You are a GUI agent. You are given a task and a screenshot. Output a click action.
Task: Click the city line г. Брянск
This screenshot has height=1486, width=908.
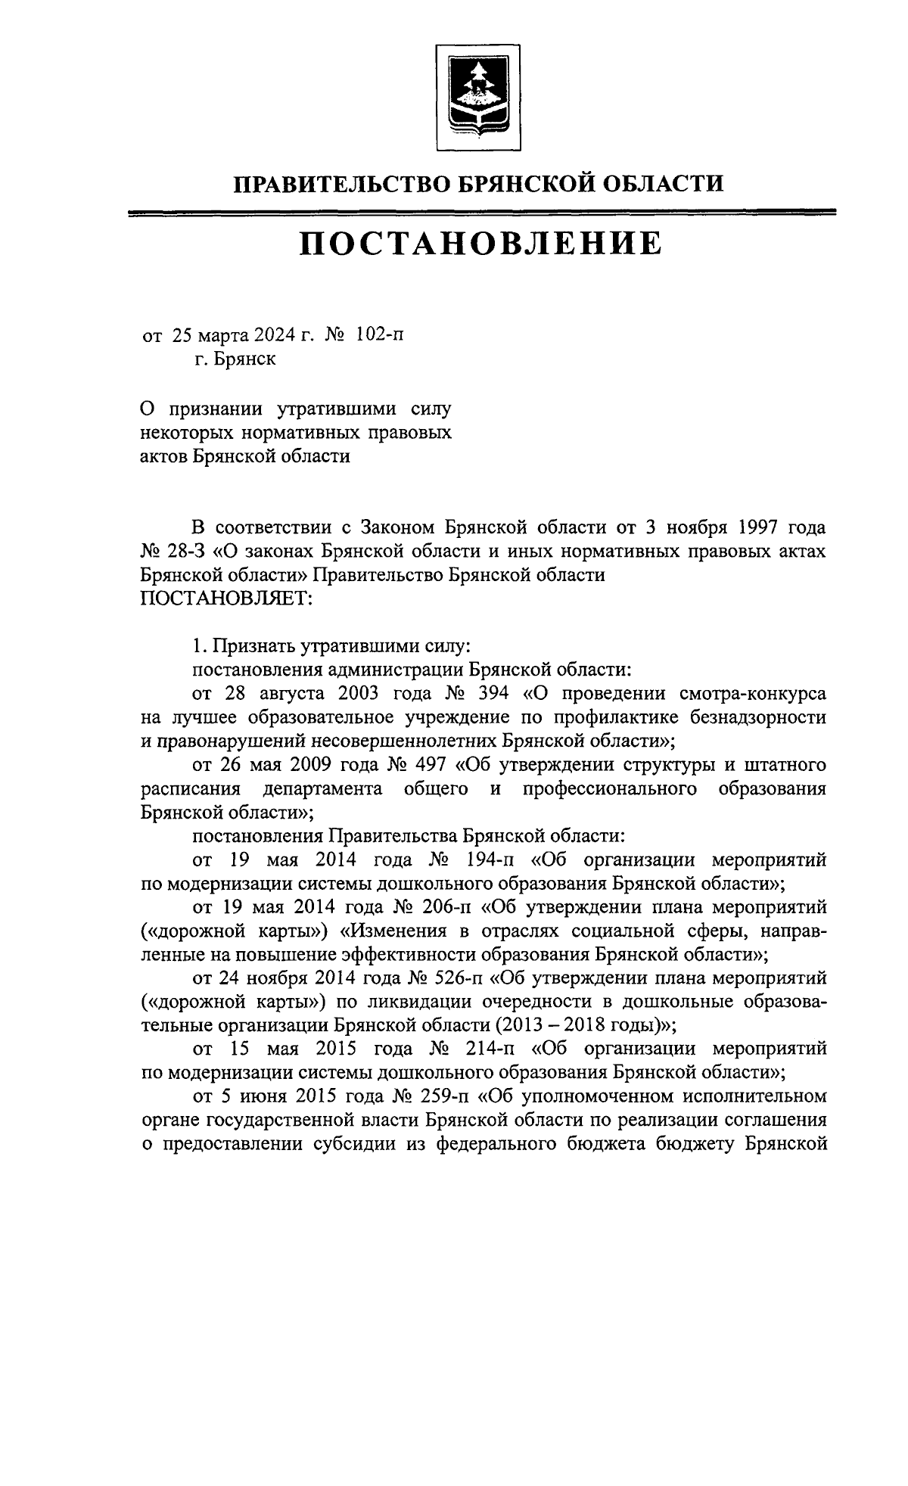(x=234, y=359)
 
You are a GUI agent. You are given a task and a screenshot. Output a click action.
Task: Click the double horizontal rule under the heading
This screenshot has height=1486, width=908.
(x=482, y=213)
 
